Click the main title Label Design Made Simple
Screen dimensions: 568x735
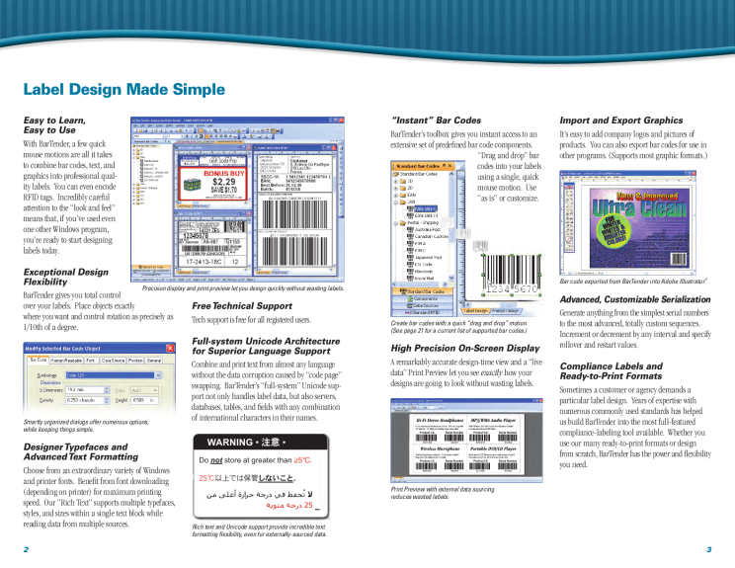(x=123, y=89)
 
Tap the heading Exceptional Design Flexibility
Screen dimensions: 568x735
(x=65, y=277)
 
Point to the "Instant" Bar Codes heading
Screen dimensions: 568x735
(x=436, y=121)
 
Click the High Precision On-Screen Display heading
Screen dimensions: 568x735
(x=465, y=348)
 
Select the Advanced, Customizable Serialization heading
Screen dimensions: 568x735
(x=634, y=298)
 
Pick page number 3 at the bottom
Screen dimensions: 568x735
(x=708, y=548)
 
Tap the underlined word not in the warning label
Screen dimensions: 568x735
(x=221, y=460)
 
